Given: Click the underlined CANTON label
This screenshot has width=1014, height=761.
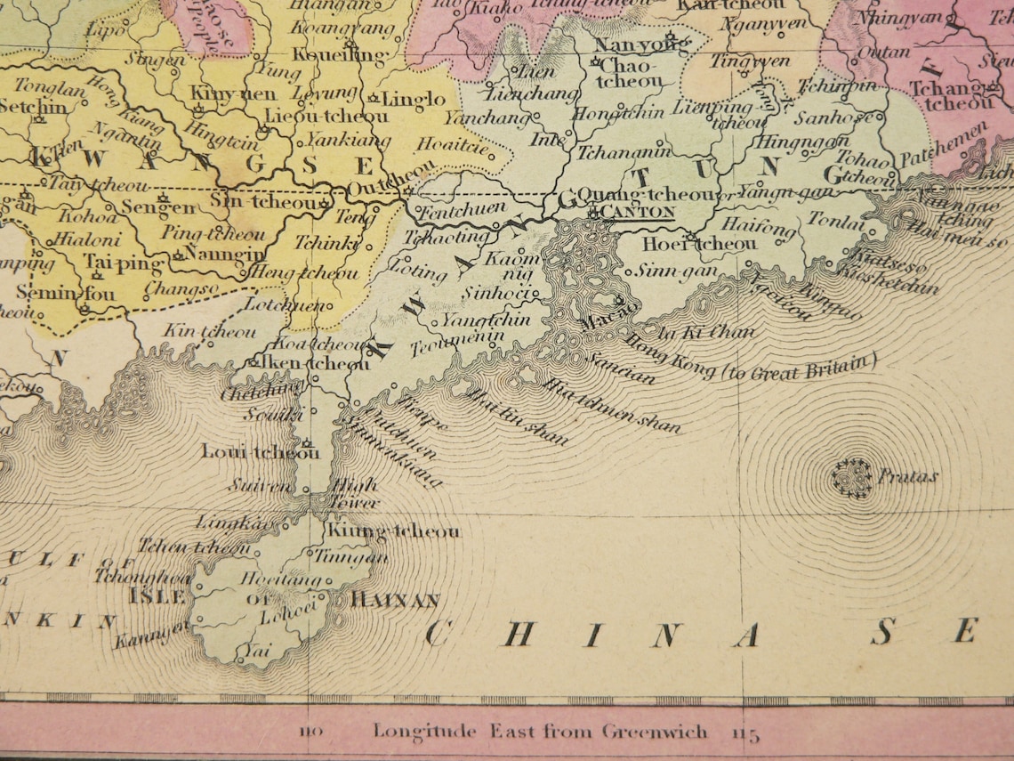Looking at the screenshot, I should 637,212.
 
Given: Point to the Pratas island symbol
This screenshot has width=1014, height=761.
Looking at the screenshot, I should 851,477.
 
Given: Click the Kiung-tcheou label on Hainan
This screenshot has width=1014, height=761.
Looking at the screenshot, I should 393,531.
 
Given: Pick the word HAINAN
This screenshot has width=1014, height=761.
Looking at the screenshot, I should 395,601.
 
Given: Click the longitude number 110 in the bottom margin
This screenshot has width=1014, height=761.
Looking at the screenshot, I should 310,733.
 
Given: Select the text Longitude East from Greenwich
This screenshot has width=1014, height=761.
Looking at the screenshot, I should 540,731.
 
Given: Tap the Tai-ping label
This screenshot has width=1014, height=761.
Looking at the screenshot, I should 124,262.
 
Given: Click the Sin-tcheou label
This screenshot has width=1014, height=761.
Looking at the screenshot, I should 264,202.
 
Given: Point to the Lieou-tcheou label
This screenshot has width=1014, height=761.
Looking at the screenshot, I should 326,117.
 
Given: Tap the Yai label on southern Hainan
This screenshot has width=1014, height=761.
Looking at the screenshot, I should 253,651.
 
